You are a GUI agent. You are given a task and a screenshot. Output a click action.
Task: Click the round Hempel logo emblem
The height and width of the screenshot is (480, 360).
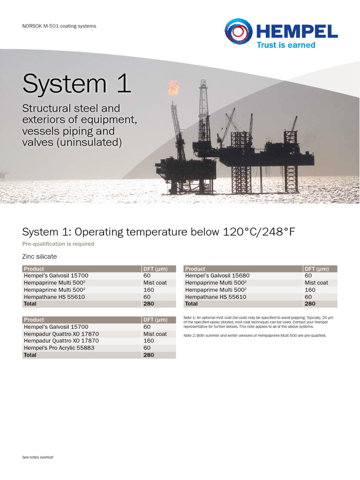238,32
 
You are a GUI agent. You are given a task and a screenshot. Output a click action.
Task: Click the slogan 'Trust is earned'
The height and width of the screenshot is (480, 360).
286,45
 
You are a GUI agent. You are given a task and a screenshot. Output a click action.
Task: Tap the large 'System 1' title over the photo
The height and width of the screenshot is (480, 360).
76,84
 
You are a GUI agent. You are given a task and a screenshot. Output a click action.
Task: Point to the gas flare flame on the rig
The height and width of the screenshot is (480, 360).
173,87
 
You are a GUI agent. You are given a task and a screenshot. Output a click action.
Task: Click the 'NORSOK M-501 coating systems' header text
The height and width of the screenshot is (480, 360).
59,26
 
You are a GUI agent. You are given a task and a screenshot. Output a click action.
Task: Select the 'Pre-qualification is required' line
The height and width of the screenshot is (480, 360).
58,244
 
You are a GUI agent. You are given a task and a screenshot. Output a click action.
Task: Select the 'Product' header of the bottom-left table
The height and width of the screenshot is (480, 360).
34,320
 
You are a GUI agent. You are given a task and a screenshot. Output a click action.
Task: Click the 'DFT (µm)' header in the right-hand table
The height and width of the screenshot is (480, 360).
316,269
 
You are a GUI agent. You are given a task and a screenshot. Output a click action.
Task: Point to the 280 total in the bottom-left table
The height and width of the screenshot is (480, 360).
149,355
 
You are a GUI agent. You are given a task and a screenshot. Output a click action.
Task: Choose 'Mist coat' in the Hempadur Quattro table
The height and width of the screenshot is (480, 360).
155,334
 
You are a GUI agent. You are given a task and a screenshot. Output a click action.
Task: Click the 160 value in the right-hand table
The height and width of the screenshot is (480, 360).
310,290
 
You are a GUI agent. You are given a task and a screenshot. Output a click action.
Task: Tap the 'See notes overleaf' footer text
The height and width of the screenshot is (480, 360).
38,457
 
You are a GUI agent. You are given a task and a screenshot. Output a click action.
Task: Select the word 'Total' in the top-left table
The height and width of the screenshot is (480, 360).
30,304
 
